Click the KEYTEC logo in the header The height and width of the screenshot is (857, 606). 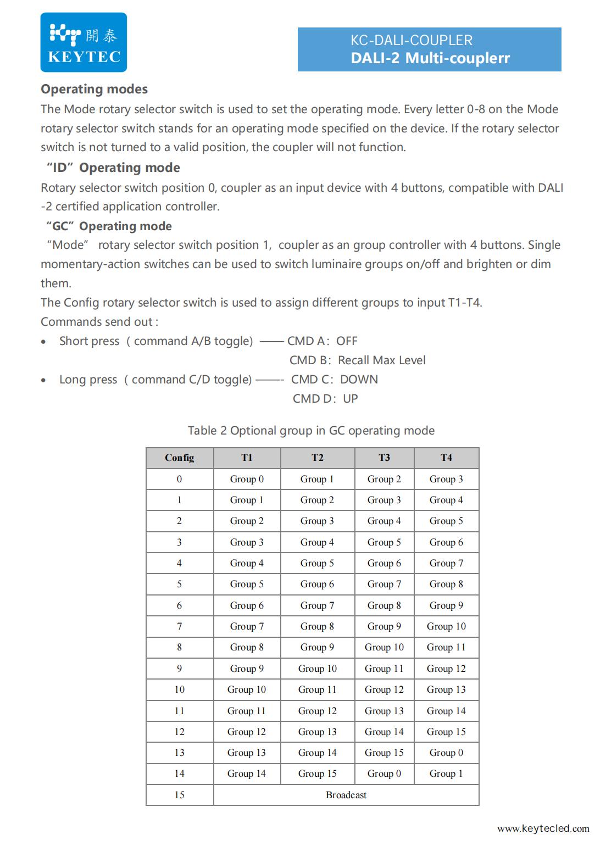84,43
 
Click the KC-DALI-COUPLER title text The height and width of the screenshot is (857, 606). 411,40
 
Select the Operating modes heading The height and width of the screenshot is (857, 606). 94,89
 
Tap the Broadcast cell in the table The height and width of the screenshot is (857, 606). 346,794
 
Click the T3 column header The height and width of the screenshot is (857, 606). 384,457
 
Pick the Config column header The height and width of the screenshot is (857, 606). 179,457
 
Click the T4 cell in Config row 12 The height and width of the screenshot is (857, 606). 446,731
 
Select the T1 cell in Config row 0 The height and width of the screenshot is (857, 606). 247,478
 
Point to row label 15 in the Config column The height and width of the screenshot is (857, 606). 179,794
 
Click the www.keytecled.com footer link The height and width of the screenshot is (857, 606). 543,828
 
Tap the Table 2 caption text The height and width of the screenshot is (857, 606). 311,430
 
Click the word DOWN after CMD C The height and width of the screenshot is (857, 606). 359,379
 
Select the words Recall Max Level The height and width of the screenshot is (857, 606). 381,360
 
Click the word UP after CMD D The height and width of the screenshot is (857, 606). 350,398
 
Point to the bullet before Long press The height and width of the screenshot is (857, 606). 44,380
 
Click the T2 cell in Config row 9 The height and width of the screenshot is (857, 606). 317,668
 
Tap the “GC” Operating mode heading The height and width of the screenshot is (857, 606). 109,226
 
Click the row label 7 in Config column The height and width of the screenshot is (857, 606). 179,626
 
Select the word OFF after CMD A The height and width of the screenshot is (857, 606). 347,341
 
